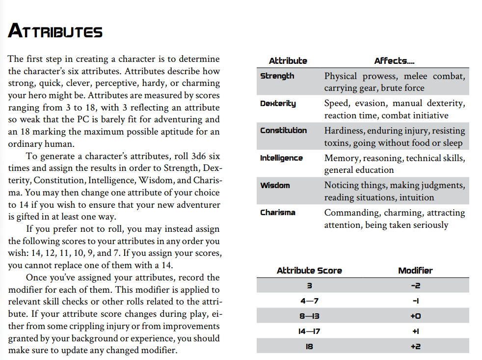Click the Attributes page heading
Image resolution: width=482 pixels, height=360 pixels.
(55, 31)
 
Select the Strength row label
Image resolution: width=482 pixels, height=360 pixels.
(277, 76)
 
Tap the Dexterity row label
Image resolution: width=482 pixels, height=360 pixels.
(278, 104)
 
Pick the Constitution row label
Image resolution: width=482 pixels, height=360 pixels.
(283, 131)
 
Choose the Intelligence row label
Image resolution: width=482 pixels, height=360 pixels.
(281, 158)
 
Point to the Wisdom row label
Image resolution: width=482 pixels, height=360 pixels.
(275, 186)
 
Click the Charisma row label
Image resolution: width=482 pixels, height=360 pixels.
(277, 213)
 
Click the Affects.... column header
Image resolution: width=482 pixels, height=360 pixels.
(394, 61)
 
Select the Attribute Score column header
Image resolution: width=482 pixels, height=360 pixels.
(309, 271)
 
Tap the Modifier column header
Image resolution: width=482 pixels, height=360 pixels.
(415, 271)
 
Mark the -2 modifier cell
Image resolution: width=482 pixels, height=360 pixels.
(415, 286)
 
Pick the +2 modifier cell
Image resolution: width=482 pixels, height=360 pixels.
(415, 347)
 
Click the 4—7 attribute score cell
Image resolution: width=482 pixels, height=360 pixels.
(309, 301)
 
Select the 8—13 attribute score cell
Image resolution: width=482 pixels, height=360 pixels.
(309, 316)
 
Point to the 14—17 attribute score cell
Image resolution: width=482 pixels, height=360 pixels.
(309, 332)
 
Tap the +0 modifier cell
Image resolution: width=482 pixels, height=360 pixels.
(415, 316)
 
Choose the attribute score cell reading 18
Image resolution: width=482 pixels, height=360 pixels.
(309, 347)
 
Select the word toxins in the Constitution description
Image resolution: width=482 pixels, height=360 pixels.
(337, 143)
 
